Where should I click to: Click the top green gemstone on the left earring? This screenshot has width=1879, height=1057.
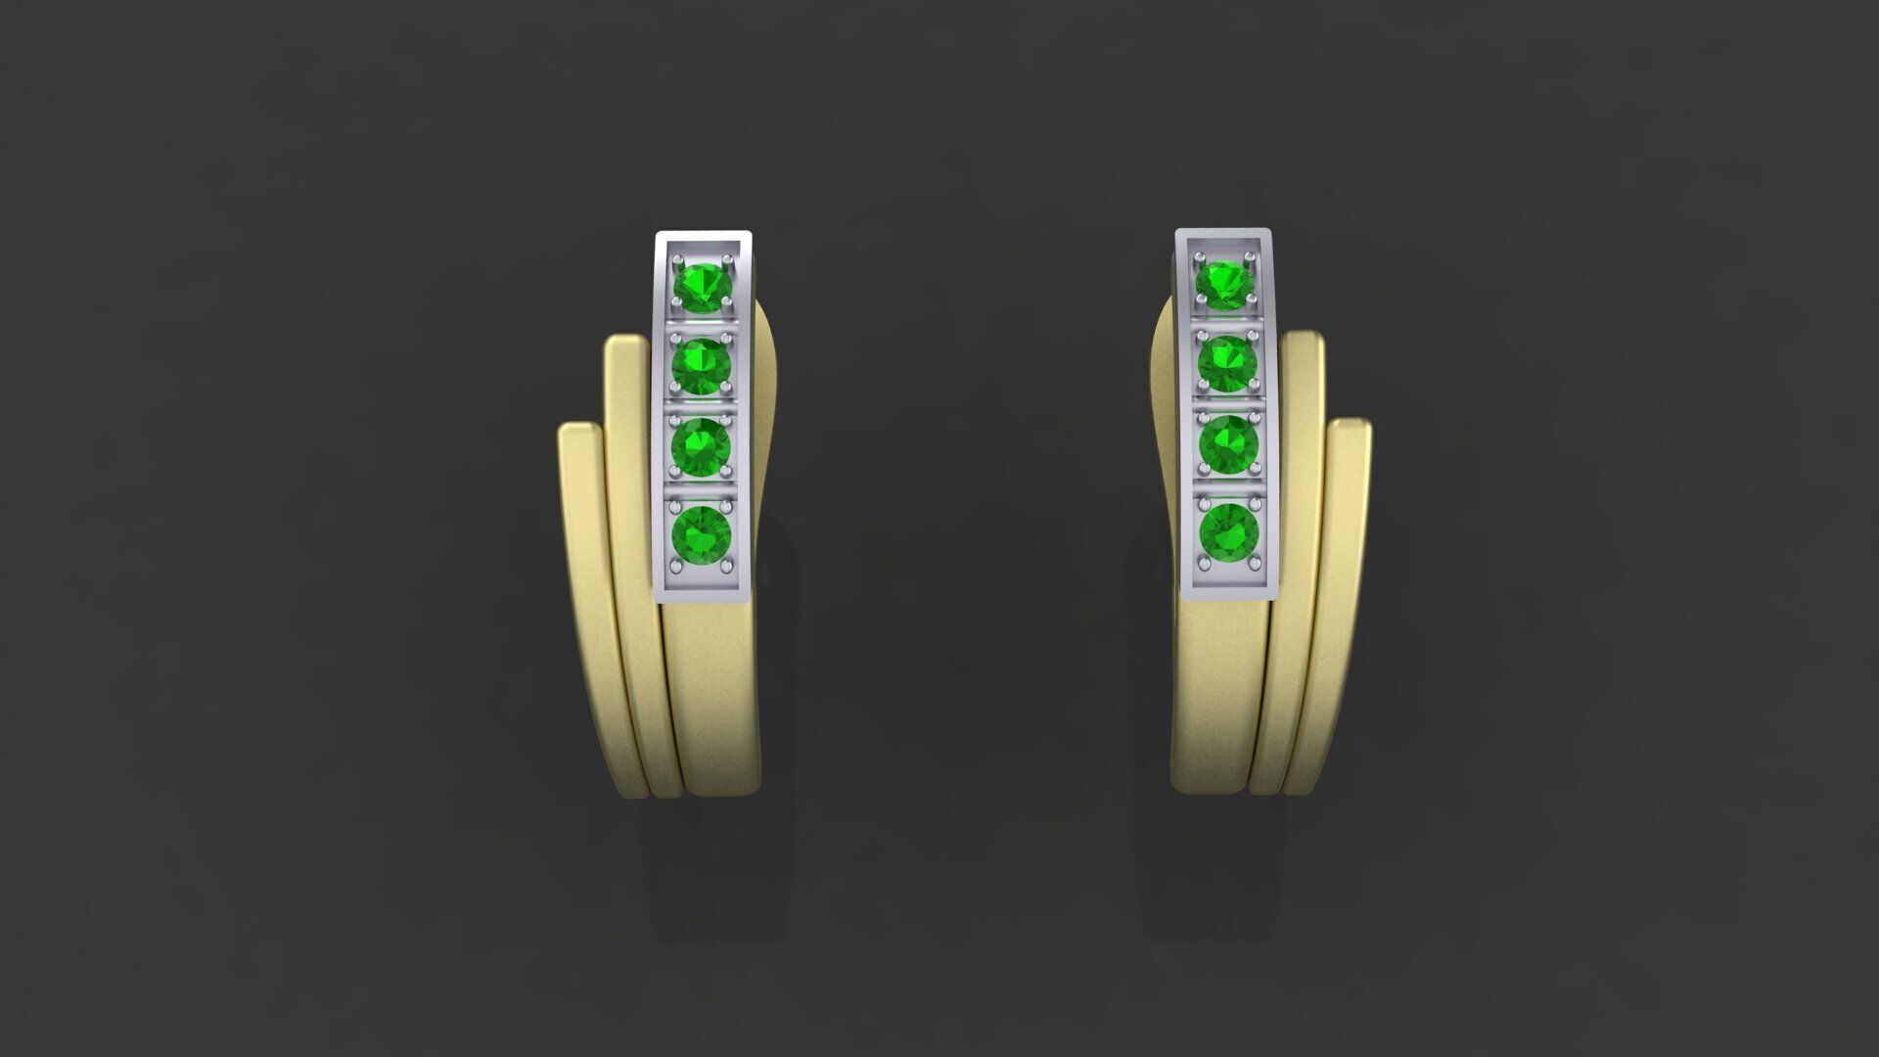click(703, 286)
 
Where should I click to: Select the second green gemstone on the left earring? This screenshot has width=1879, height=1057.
click(702, 366)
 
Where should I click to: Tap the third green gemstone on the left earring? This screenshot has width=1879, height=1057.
click(701, 446)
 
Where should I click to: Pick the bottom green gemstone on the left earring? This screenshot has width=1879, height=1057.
click(701, 534)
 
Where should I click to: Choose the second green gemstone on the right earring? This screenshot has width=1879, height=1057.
click(1227, 363)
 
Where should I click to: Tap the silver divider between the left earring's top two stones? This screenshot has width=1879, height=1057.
click(702, 325)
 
